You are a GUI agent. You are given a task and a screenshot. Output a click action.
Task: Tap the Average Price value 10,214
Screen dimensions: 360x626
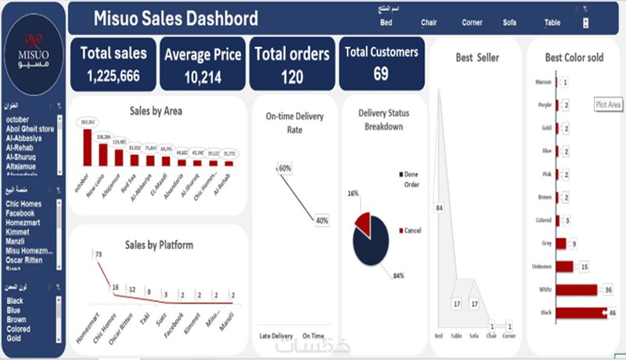tap(203, 77)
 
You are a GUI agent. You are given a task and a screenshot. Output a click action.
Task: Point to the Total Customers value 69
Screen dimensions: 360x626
tap(381, 74)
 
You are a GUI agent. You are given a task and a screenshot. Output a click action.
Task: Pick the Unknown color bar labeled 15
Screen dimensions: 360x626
tap(564, 267)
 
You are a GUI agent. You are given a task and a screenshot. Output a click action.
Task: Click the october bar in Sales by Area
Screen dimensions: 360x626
tap(87, 147)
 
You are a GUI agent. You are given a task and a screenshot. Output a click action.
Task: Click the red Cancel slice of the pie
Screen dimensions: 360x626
tap(363, 222)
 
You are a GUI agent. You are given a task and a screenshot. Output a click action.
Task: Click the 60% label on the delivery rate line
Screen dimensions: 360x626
tap(284, 168)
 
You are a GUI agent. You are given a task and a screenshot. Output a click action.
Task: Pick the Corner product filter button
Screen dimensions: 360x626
tap(472, 23)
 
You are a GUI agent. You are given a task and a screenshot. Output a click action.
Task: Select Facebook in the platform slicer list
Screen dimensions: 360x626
tap(20, 213)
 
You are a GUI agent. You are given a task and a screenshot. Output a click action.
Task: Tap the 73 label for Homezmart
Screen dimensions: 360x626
tap(99, 254)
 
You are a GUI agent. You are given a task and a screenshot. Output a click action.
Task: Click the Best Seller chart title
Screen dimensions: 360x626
tap(477, 57)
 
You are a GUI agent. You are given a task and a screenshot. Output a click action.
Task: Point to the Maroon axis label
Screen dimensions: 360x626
tap(542, 81)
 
